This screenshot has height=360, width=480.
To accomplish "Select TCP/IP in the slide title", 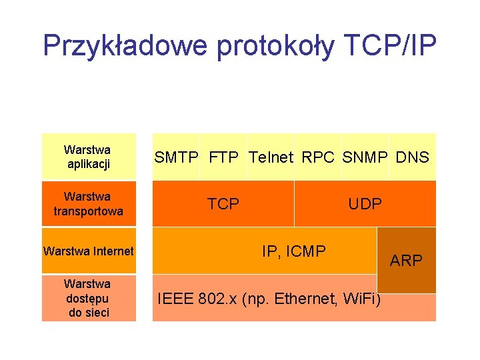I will click(x=390, y=46).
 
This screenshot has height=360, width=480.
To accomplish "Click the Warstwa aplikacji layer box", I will click(x=88, y=157).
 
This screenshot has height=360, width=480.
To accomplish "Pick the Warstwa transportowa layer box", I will click(x=88, y=204).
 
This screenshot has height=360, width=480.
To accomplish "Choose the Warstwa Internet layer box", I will click(x=88, y=251).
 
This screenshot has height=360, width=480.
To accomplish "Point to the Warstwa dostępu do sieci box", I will click(x=88, y=298).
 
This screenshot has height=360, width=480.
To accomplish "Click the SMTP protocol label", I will click(x=177, y=158).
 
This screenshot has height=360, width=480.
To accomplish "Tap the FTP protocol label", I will click(x=224, y=158).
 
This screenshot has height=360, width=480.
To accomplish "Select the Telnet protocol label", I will click(x=271, y=158).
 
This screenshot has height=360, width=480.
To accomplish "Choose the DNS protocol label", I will click(x=412, y=158).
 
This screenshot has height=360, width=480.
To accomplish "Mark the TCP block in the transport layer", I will click(x=223, y=204).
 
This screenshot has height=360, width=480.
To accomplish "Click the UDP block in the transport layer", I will click(x=365, y=204).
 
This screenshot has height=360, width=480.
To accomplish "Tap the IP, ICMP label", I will click(x=294, y=251).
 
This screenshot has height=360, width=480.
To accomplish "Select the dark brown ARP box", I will click(x=407, y=260).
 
